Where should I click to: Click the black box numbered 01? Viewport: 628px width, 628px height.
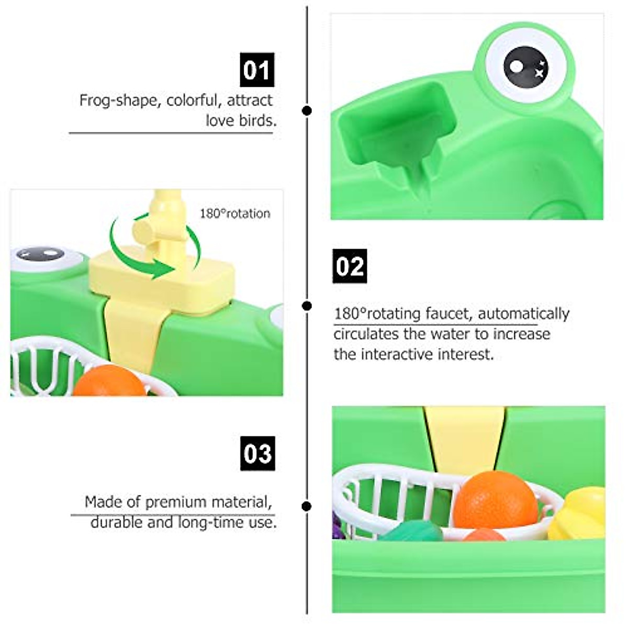pos(257,70)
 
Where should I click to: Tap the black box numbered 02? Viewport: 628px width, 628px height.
pos(350,266)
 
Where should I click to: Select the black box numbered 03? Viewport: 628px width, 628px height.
pos(258,453)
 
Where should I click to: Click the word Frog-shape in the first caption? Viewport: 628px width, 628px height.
pos(118,100)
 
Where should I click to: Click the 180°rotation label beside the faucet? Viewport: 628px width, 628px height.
pos(235,214)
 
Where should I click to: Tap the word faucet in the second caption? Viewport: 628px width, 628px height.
pos(446,313)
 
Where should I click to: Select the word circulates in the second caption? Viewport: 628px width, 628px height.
pos(366,334)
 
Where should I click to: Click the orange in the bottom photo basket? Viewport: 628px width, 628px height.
pos(495,499)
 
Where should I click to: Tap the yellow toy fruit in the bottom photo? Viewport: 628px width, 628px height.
pos(578,513)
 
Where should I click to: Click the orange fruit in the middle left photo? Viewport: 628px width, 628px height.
pos(109,382)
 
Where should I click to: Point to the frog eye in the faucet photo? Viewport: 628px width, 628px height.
pos(41,255)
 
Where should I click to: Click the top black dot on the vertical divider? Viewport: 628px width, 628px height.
pos(307,110)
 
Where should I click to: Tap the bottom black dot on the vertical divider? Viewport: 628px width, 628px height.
pos(307,506)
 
